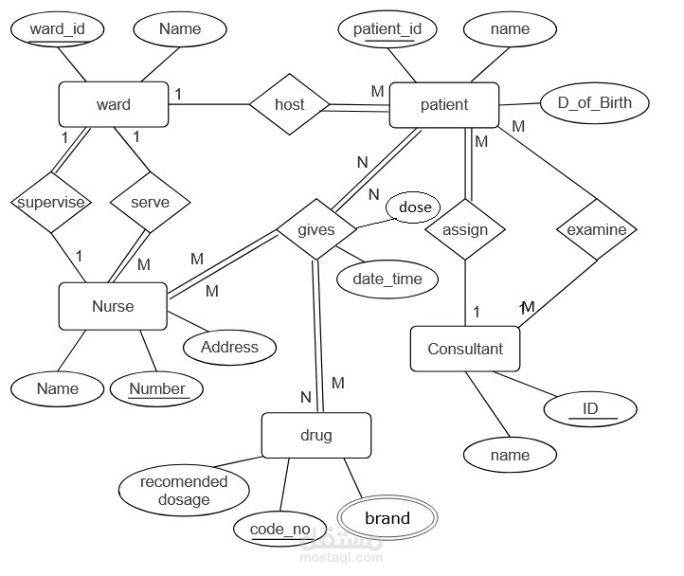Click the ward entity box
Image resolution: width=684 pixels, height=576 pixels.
(x=114, y=104)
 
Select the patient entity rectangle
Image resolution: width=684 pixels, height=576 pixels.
(x=443, y=104)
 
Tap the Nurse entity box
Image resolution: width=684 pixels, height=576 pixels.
(x=113, y=306)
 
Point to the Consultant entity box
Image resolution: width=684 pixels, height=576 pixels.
(x=464, y=349)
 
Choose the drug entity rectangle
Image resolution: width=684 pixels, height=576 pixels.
(x=315, y=436)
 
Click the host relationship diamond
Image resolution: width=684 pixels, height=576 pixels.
(x=289, y=104)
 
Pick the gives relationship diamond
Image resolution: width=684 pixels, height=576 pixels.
(x=315, y=230)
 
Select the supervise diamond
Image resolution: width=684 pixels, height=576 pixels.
(x=50, y=202)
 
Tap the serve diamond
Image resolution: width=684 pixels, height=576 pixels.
(x=149, y=202)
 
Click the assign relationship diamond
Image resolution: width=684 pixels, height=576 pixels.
(x=465, y=229)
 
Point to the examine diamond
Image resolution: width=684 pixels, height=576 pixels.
(x=596, y=229)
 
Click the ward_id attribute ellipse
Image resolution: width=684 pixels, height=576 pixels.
(x=58, y=28)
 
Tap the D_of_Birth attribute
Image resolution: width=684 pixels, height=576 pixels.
(x=594, y=102)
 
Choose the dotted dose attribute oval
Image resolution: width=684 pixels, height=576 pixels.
(x=414, y=207)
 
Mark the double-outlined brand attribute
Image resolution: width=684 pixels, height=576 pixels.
(x=387, y=518)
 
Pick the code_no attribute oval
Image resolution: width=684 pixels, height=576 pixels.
(x=280, y=529)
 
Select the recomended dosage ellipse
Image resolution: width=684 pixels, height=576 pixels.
(x=184, y=490)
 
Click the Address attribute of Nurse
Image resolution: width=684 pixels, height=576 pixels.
(x=229, y=347)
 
